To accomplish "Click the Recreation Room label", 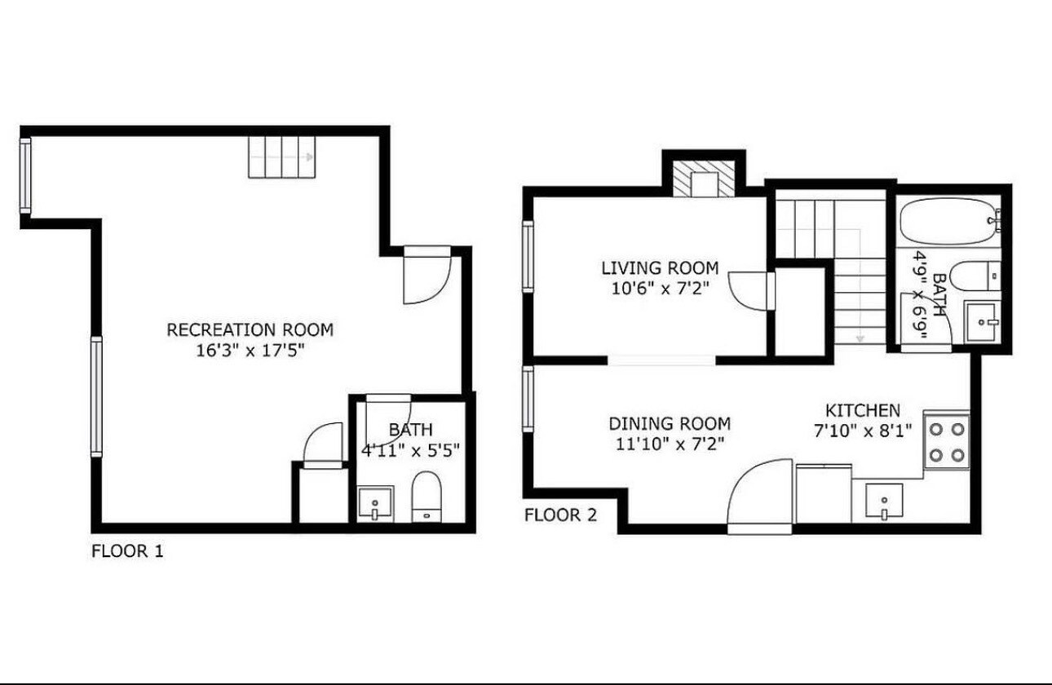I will [250, 330].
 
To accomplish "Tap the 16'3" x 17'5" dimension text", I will [250, 351].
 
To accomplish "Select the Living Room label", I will [660, 267].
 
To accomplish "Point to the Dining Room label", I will [670, 424].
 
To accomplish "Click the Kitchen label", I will [863, 410].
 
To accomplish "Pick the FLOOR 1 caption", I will [127, 551].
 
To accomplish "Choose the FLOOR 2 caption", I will [560, 515].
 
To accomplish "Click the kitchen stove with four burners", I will [946, 440].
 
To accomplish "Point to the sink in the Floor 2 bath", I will [983, 322].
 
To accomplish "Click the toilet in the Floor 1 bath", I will [427, 497].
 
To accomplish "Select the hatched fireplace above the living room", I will [703, 182].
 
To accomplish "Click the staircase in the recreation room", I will [281, 157].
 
